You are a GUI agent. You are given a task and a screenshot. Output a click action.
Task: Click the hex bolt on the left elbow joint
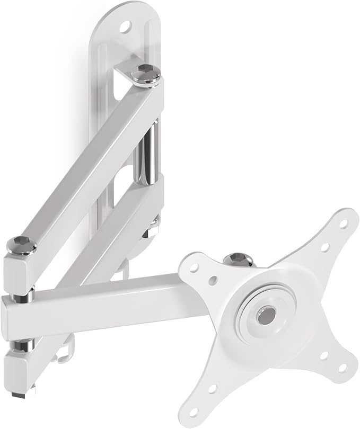pos(21,245)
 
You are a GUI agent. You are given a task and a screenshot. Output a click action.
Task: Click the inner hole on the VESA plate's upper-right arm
pos(324,246)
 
